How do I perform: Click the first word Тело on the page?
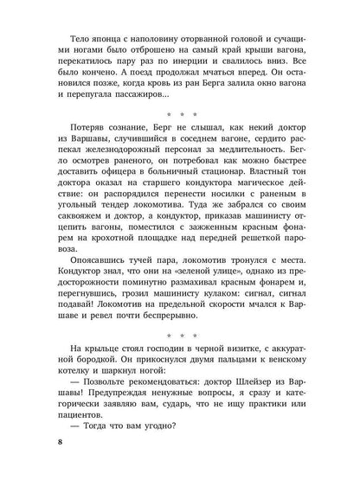coord(70,41)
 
